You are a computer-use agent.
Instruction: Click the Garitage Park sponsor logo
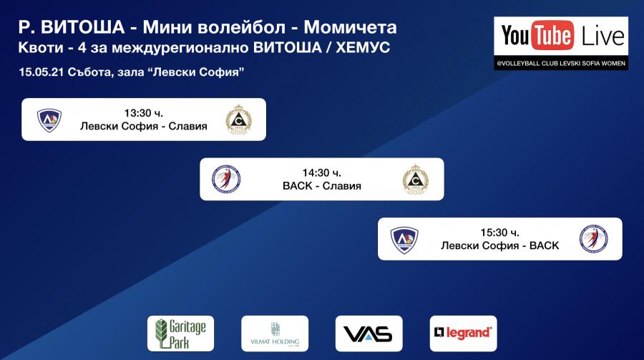coord(181,334)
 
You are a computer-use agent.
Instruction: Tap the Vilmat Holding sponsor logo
coord(275,334)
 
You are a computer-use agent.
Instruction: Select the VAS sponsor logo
coord(369,334)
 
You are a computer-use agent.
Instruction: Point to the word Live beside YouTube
coord(602,36)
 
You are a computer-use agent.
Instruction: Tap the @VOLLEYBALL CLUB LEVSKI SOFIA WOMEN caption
coord(561,63)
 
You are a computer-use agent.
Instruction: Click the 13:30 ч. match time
coord(143,113)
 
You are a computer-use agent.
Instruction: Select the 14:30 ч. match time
coord(321,172)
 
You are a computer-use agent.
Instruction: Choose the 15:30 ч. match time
coord(500,233)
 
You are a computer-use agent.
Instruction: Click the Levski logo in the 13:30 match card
coord(49,120)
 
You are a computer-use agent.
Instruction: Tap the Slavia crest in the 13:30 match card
coord(238,120)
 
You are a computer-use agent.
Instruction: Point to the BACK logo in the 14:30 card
coord(226,179)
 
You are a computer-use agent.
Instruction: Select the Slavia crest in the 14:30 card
coord(416,179)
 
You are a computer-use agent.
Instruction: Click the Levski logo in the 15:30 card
coord(404,240)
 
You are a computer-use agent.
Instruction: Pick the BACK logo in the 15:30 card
coord(594,239)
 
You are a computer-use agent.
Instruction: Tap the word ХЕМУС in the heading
coord(363,48)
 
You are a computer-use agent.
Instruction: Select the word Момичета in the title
coord(351,27)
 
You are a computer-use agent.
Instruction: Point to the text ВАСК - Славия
coord(322,186)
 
